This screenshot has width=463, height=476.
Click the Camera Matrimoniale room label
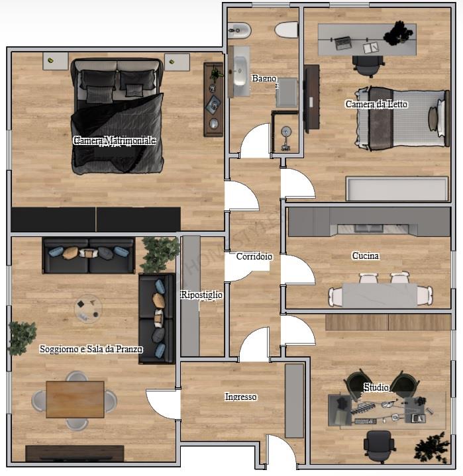114,141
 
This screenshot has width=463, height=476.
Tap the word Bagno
264,79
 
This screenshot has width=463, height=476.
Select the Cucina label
365,256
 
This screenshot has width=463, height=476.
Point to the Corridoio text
254,256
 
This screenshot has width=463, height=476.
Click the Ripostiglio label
201,295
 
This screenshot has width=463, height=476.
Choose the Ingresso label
240,397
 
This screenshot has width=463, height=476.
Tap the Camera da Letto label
376,104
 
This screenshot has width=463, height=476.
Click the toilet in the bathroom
286,29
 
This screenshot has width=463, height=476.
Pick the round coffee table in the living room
88,308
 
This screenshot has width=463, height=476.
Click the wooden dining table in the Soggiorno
75,399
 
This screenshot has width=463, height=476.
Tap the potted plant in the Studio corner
431,447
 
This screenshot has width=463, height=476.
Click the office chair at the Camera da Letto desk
368,66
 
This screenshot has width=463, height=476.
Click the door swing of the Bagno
255,144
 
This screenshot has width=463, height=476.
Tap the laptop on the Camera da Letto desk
343,43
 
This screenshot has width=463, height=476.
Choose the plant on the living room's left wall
21,337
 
